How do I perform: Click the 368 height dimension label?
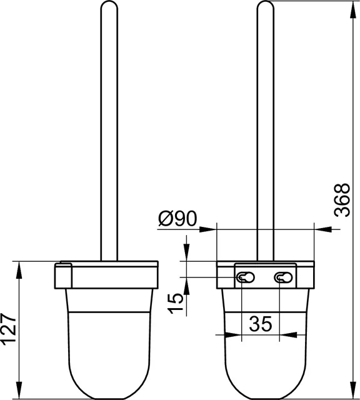click(x=342, y=200)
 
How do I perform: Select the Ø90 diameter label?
click(x=177, y=219)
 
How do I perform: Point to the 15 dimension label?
click(x=175, y=303)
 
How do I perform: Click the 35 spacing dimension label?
click(x=261, y=324)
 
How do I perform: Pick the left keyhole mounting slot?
click(x=246, y=277)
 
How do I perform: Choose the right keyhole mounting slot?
click(x=283, y=277)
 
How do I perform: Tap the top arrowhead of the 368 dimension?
click(x=353, y=10)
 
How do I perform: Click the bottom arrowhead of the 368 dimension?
click(x=353, y=389)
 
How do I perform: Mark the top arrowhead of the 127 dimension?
click(x=19, y=271)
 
